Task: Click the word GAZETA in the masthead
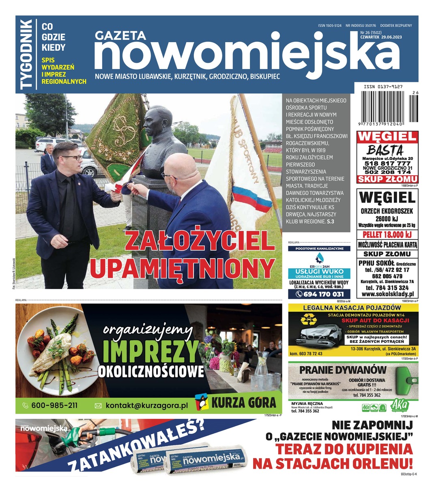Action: (x=120, y=36)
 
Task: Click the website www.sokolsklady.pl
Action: (x=387, y=294)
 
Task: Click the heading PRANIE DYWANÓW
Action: (x=343, y=370)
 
